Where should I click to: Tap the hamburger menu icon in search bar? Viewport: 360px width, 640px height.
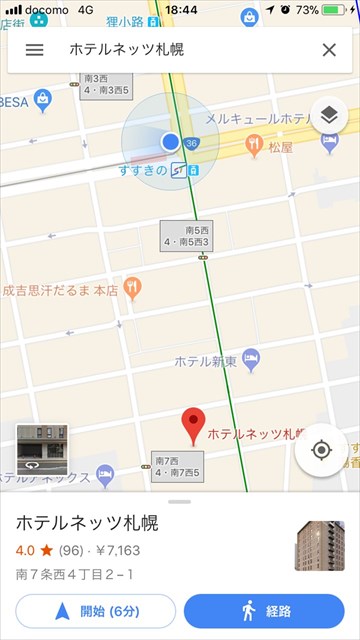click(34, 50)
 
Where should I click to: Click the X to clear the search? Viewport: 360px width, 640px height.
click(329, 50)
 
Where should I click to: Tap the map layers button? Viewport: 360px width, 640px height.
click(329, 117)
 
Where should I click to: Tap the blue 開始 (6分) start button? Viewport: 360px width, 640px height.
click(95, 610)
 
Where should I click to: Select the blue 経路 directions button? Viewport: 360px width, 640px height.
click(264, 610)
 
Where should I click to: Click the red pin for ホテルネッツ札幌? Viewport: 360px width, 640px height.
click(194, 426)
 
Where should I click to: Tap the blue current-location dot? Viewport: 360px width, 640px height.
click(170, 142)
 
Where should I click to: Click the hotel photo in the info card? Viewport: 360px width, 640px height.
click(319, 545)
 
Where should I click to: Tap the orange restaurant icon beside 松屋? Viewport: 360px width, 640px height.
click(255, 145)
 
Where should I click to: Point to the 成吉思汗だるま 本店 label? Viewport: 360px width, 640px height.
click(60, 291)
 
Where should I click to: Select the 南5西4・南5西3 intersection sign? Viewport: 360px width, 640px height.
click(187, 236)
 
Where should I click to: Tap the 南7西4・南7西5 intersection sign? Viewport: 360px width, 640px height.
click(177, 467)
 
